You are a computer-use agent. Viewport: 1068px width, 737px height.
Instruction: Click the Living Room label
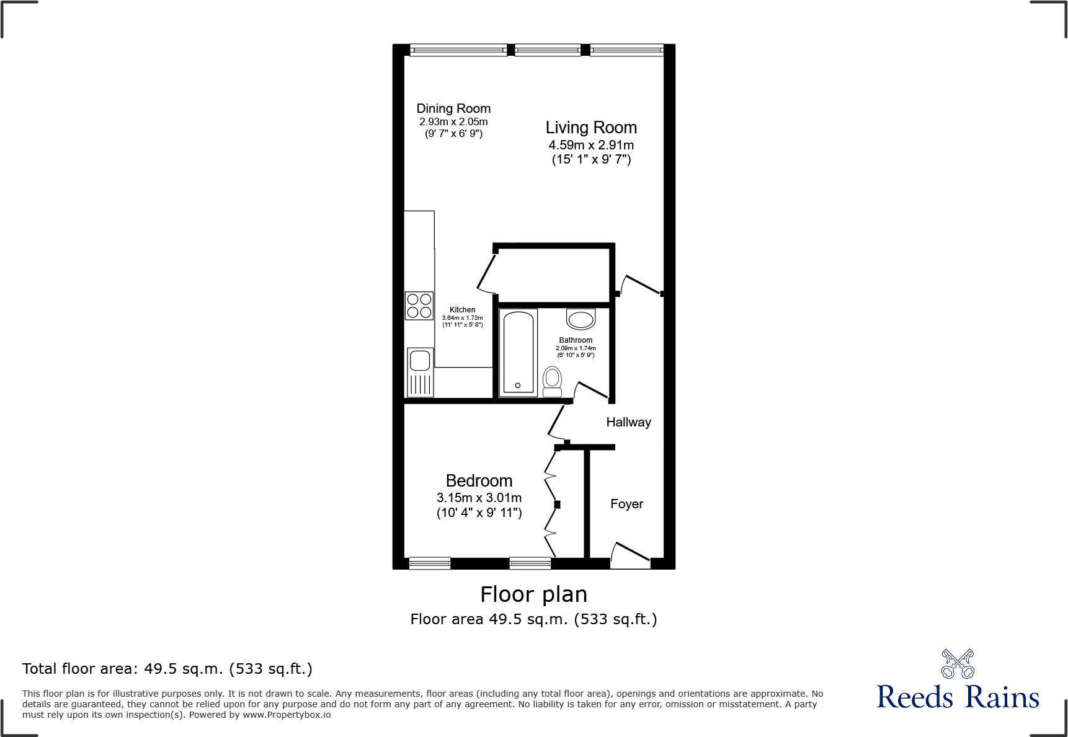pos(591,128)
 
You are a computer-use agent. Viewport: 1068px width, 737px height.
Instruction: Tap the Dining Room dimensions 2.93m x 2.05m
pos(453,122)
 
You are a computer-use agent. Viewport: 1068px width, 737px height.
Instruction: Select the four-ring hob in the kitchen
pos(419,306)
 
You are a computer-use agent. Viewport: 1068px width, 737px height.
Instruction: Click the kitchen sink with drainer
pos(420,372)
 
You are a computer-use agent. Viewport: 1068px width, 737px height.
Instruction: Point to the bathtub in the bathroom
pos(518,352)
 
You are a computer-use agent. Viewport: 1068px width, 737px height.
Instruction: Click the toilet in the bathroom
pos(552,381)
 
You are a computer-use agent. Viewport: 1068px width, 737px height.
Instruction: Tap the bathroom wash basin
pos(581,320)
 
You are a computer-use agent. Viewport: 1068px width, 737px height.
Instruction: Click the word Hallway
pos(628,422)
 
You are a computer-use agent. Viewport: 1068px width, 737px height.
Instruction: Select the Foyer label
pos(626,504)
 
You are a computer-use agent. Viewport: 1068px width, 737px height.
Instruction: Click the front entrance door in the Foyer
pos(631,554)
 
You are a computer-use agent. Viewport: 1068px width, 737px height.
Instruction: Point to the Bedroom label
pos(479,481)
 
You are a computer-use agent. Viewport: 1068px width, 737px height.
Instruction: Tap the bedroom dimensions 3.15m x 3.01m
pos(479,498)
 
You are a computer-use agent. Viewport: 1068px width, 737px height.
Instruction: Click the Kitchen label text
pos(462,310)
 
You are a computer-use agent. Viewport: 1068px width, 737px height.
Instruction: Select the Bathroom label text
pos(576,340)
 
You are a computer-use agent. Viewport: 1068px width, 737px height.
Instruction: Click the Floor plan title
pos(533,594)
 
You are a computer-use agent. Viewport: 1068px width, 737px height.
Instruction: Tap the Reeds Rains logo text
pos(957,697)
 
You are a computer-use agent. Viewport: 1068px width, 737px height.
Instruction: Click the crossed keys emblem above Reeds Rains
pos(957,664)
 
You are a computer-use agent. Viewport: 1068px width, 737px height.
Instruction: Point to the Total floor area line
pos(167,669)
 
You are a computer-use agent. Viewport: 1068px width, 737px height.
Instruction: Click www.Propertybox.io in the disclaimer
pos(287,715)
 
